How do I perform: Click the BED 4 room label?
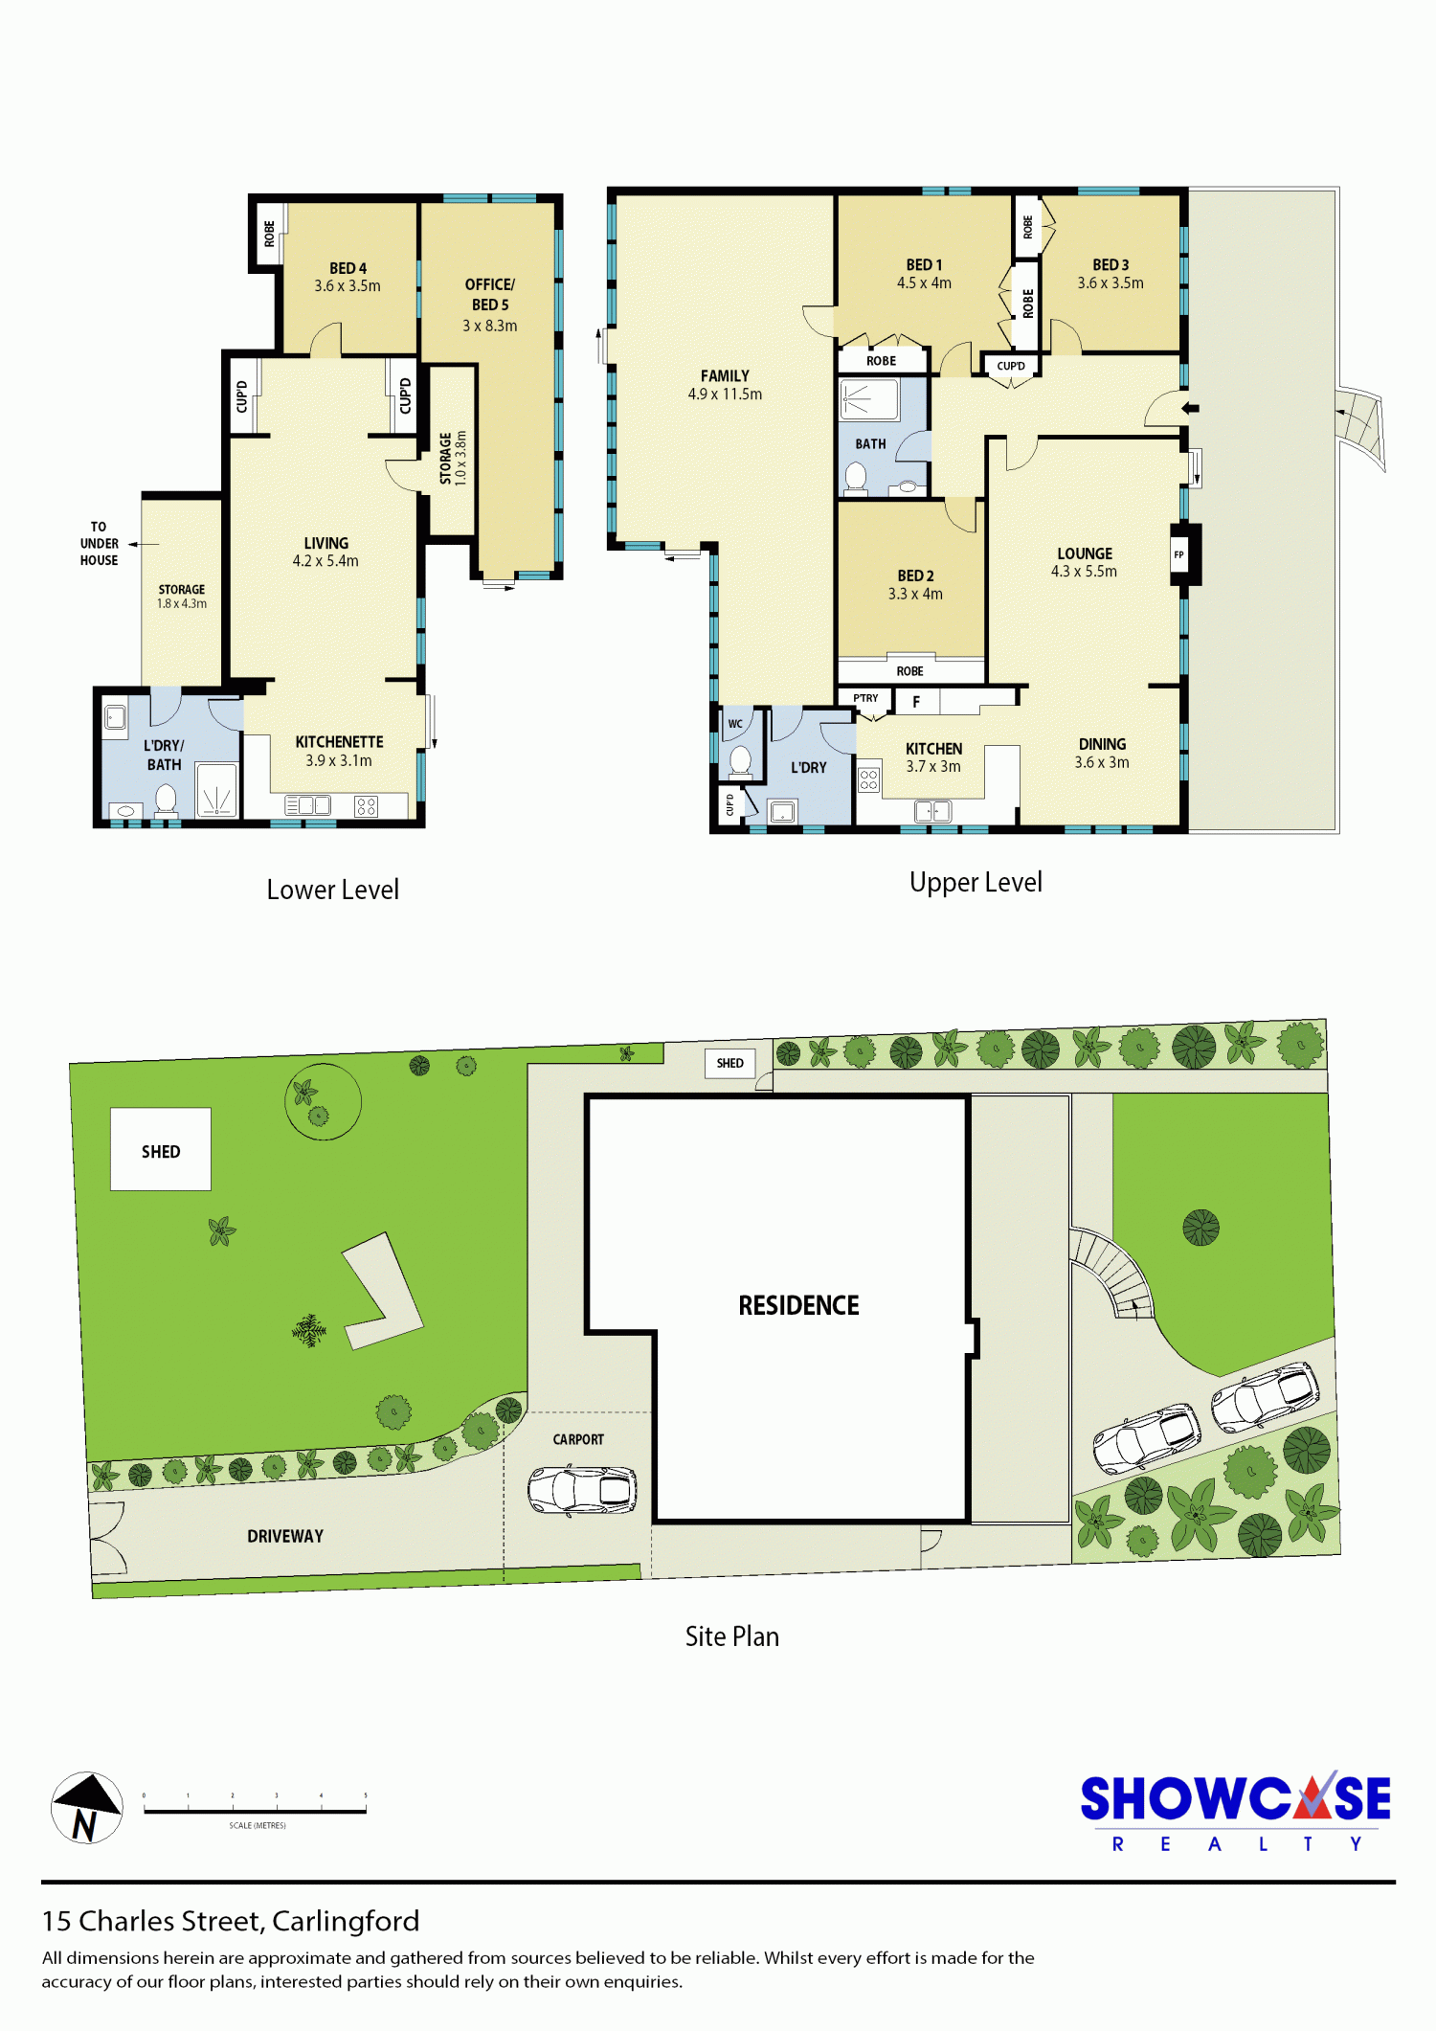point(348,268)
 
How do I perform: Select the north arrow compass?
point(87,1808)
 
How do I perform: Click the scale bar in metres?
point(255,1810)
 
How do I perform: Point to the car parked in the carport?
point(582,1490)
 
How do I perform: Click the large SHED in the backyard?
point(161,1149)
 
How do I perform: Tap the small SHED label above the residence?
point(729,1063)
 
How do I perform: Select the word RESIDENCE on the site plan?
point(798,1305)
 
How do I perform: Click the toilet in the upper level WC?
point(740,762)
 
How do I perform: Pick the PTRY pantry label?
point(865,698)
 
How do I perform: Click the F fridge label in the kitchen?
point(916,702)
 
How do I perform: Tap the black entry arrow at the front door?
point(1190,409)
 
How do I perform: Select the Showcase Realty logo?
point(1235,1812)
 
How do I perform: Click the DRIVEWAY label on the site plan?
point(285,1536)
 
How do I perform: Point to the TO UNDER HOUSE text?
point(99,544)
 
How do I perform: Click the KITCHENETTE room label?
point(339,742)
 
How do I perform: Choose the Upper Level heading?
point(976,882)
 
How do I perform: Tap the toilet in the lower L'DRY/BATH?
point(166,800)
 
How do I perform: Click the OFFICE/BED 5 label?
point(490,295)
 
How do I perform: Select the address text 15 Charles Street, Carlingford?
point(231,1921)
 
